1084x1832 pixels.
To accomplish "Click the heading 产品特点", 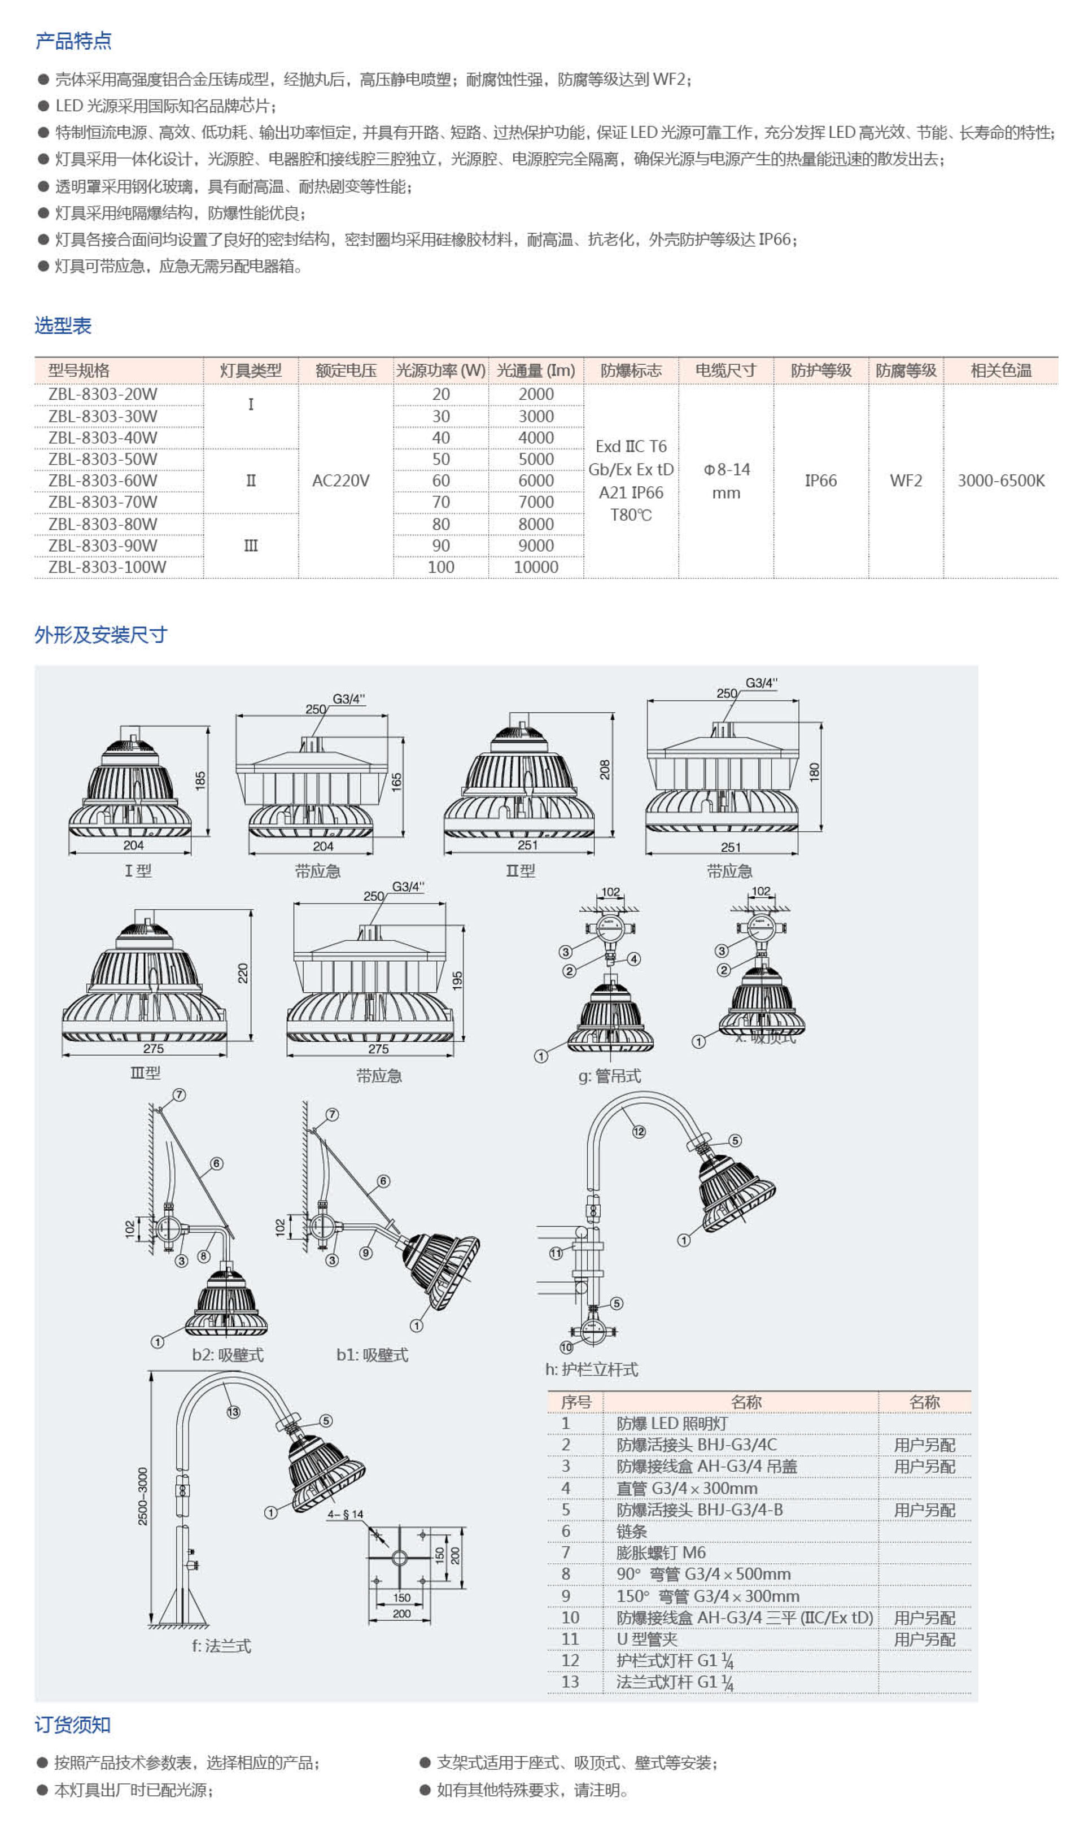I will pyautogui.click(x=73, y=41).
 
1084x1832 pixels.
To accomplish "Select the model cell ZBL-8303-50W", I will pyautogui.click(x=103, y=459).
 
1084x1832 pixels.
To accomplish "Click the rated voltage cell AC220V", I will pyautogui.click(x=340, y=481).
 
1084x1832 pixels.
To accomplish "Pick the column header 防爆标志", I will pyautogui.click(x=631, y=370).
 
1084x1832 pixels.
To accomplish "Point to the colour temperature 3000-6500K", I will pyautogui.click(x=1001, y=481).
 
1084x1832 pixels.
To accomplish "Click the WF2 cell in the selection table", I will pyautogui.click(x=905, y=481).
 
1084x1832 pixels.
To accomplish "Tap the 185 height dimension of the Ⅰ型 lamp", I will pyautogui.click(x=200, y=780).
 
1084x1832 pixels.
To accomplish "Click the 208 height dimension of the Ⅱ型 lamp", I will pyautogui.click(x=605, y=769).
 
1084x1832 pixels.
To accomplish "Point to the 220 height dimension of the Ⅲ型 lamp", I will pyautogui.click(x=243, y=973).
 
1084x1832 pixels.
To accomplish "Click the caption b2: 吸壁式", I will pyautogui.click(x=227, y=1355).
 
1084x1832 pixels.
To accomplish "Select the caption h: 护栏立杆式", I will pyautogui.click(x=592, y=1369).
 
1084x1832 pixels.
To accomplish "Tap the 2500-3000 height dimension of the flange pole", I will pyautogui.click(x=143, y=1496).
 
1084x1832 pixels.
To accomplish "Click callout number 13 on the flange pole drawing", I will pyautogui.click(x=233, y=1412).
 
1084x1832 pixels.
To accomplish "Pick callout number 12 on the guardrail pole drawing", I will pyautogui.click(x=639, y=1132).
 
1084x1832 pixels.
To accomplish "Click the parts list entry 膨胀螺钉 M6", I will pyautogui.click(x=661, y=1552).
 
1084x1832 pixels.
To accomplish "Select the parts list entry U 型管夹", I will pyautogui.click(x=646, y=1639).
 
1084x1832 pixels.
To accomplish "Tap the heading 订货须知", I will pyautogui.click(x=72, y=1725).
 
